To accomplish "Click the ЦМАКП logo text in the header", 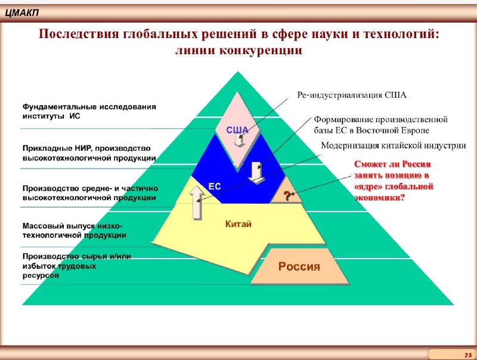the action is pos(22,13).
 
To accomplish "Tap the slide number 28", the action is pos(468,355).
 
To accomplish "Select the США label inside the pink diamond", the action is pos(237,130).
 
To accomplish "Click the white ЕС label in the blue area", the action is pos(215,186).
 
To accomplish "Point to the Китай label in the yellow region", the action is pos(238,224).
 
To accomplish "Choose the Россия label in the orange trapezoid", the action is pos(299,266).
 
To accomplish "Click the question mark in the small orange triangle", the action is pos(287,196).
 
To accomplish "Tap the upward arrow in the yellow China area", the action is pos(197,203).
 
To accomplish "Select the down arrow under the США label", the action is pos(240,141).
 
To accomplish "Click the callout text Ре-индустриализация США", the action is pos(352,95).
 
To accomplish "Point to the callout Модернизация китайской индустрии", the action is pos(394,145).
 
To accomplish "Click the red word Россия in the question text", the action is pos(416,164).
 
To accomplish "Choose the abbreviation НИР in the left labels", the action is pos(83,148).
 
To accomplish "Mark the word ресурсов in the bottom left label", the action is pos(41,276).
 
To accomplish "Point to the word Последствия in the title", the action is pos(79,33).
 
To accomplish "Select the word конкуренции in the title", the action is pos(261,50).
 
